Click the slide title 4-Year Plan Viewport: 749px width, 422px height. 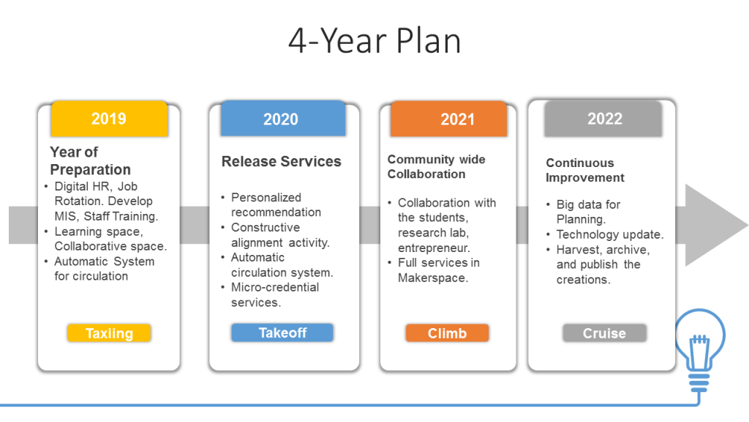[374, 41]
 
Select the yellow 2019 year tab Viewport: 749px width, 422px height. [109, 119]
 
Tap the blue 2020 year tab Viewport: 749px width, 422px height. [281, 119]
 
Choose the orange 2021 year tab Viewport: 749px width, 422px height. [457, 119]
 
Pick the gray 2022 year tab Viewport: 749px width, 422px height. [604, 119]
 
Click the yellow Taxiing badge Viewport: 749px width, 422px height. [109, 333]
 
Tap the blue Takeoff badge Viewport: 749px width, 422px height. [282, 333]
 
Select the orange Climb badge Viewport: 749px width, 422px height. [447, 333]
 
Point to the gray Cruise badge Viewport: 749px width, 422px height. [604, 333]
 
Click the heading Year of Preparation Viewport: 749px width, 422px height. [90, 160]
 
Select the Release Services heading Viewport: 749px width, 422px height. [281, 161]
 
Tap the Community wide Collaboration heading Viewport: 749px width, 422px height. [436, 166]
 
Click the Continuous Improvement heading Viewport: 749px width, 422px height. [585, 170]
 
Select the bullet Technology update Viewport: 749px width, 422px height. [609, 234]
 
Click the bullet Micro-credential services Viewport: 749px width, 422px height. [274, 295]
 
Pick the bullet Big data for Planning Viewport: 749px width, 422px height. [588, 212]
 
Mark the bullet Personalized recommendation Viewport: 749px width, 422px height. [276, 204]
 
